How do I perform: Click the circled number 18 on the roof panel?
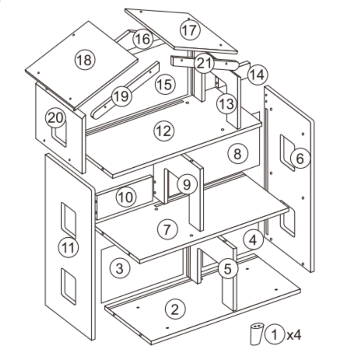click(x=85, y=60)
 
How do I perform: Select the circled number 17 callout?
click(x=189, y=30)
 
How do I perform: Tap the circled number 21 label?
click(x=204, y=63)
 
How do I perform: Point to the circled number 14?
click(x=257, y=75)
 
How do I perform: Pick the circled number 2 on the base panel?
click(x=175, y=309)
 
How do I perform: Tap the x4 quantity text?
click(x=294, y=335)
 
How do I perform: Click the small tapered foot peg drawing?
click(x=257, y=334)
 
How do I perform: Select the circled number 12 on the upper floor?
click(x=164, y=131)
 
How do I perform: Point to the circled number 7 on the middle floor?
click(x=167, y=230)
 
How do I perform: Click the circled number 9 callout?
click(x=187, y=184)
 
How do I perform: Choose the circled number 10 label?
click(x=126, y=197)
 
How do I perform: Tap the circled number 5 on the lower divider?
click(x=228, y=269)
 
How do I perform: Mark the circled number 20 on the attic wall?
click(x=56, y=118)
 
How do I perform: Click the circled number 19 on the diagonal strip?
click(x=121, y=96)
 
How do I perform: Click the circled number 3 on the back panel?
click(x=120, y=269)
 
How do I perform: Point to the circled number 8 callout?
click(x=238, y=153)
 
